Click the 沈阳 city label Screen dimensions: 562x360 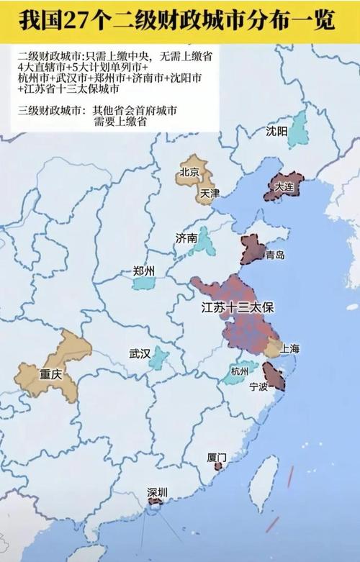[276, 131]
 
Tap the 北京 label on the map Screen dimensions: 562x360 [190, 172]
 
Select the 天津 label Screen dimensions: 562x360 [210, 194]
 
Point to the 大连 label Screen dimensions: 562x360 [284, 186]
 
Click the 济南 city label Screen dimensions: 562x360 [186, 237]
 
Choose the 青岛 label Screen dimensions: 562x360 [274, 255]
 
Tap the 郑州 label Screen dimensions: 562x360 [144, 271]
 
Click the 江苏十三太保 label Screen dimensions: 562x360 [238, 307]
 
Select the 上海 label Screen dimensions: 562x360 [290, 348]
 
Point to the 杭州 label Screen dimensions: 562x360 [239, 371]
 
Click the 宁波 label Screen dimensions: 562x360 [258, 386]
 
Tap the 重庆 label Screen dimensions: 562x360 [52, 375]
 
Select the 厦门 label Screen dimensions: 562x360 [217, 457]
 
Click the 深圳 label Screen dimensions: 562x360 [157, 492]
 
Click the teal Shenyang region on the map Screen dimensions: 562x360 [297, 130]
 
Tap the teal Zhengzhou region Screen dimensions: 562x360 [143, 284]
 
